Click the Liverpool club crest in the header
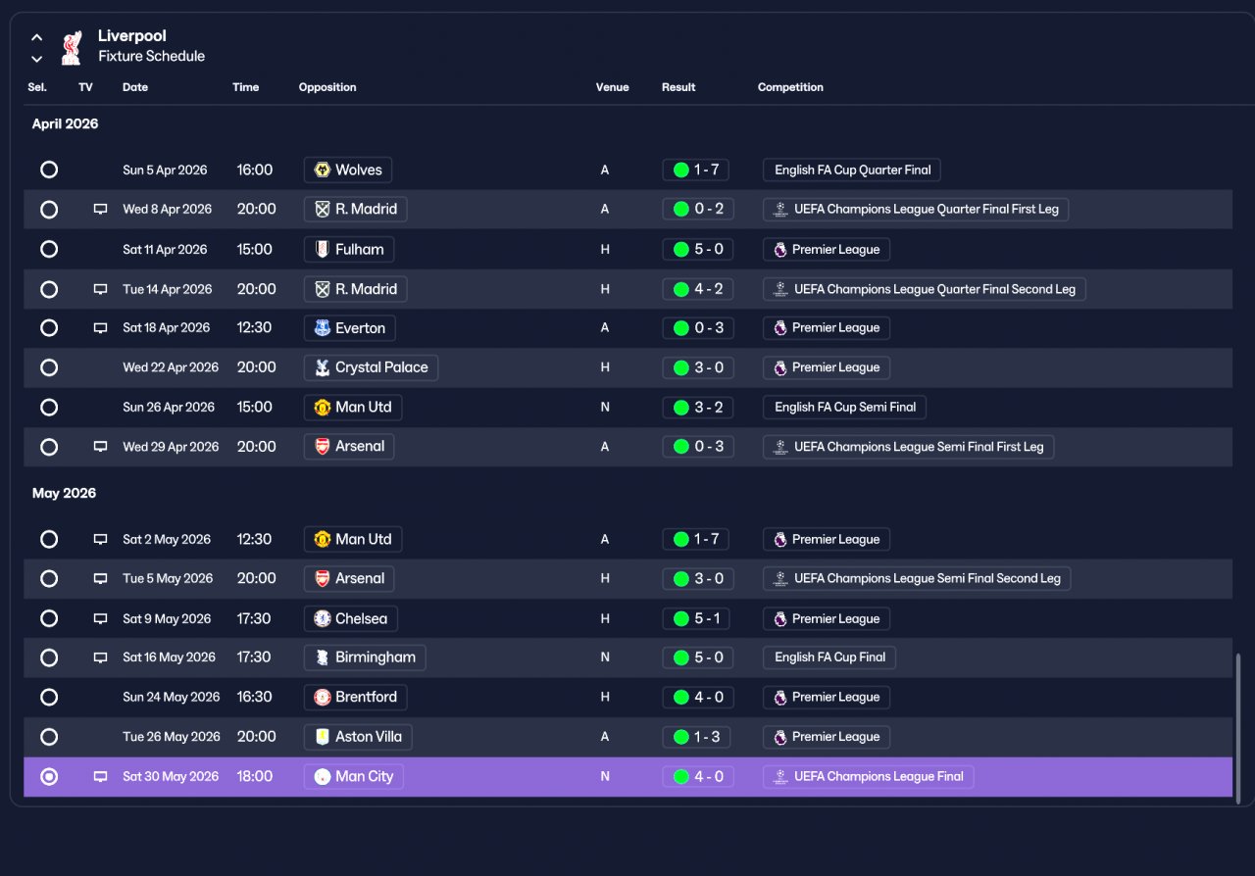pyautogui.click(x=72, y=48)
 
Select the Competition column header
pyautogui.click(x=790, y=87)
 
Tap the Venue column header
pyautogui.click(x=612, y=87)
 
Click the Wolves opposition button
pyautogui.click(x=347, y=170)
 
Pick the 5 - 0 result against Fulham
pyautogui.click(x=698, y=249)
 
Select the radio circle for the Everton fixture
pyautogui.click(x=49, y=327)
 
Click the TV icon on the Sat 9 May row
pyautogui.click(x=100, y=618)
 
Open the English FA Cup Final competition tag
pyautogui.click(x=829, y=657)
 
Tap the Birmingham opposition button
pyautogui.click(x=364, y=657)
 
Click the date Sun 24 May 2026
pyautogui.click(x=171, y=697)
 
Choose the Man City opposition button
pyautogui.click(x=354, y=776)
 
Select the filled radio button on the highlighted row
pyautogui.click(x=49, y=776)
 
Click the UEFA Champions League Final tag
pyautogui.click(x=868, y=776)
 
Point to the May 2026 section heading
pyautogui.click(x=64, y=493)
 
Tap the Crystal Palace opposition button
pyautogui.click(x=371, y=367)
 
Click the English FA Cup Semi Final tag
pyautogui.click(x=844, y=408)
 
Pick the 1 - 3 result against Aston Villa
pyautogui.click(x=696, y=737)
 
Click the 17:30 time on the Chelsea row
pyautogui.click(x=254, y=618)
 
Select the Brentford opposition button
pyautogui.click(x=355, y=697)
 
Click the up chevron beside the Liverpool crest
pyautogui.click(x=37, y=37)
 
